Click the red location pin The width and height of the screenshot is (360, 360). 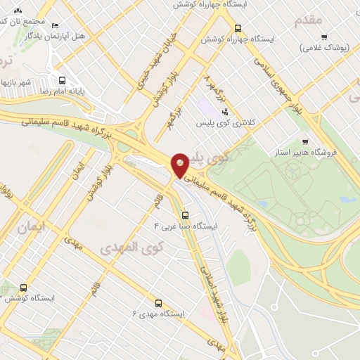point(180,165)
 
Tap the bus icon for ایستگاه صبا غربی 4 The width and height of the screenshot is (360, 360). point(185,215)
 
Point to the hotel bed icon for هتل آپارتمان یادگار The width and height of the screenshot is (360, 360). point(56,26)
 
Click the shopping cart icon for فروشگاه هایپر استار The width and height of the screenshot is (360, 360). point(305,141)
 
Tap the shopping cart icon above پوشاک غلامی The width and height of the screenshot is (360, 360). point(323,37)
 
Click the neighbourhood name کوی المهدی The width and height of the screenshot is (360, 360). point(131,247)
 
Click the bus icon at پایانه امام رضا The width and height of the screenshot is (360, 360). point(63,79)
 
